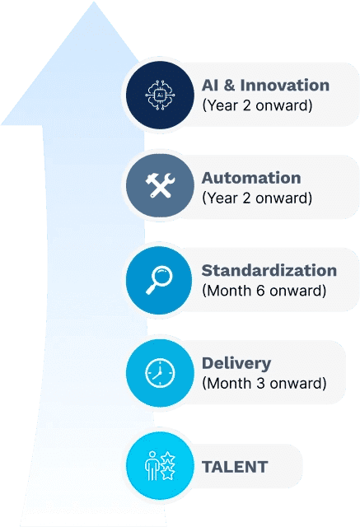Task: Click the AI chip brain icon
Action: [x=160, y=96]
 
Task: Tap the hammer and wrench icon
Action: [x=160, y=185]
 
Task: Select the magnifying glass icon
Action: [x=159, y=280]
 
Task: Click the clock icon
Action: [x=160, y=373]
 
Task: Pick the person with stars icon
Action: [x=160, y=465]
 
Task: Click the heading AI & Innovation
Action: [x=265, y=86]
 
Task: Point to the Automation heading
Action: [x=251, y=178]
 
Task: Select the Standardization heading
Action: [x=269, y=271]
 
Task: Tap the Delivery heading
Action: [x=236, y=364]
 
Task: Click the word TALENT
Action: [x=235, y=467]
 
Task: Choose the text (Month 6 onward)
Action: [x=264, y=291]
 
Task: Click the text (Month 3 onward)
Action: [x=264, y=384]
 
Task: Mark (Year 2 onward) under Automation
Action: [x=257, y=198]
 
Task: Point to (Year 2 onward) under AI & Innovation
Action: [x=257, y=105]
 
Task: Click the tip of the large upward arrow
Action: [x=94, y=2]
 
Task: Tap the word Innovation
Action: [x=285, y=86]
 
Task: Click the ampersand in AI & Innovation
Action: [x=228, y=86]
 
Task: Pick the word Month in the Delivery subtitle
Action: [x=229, y=384]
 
